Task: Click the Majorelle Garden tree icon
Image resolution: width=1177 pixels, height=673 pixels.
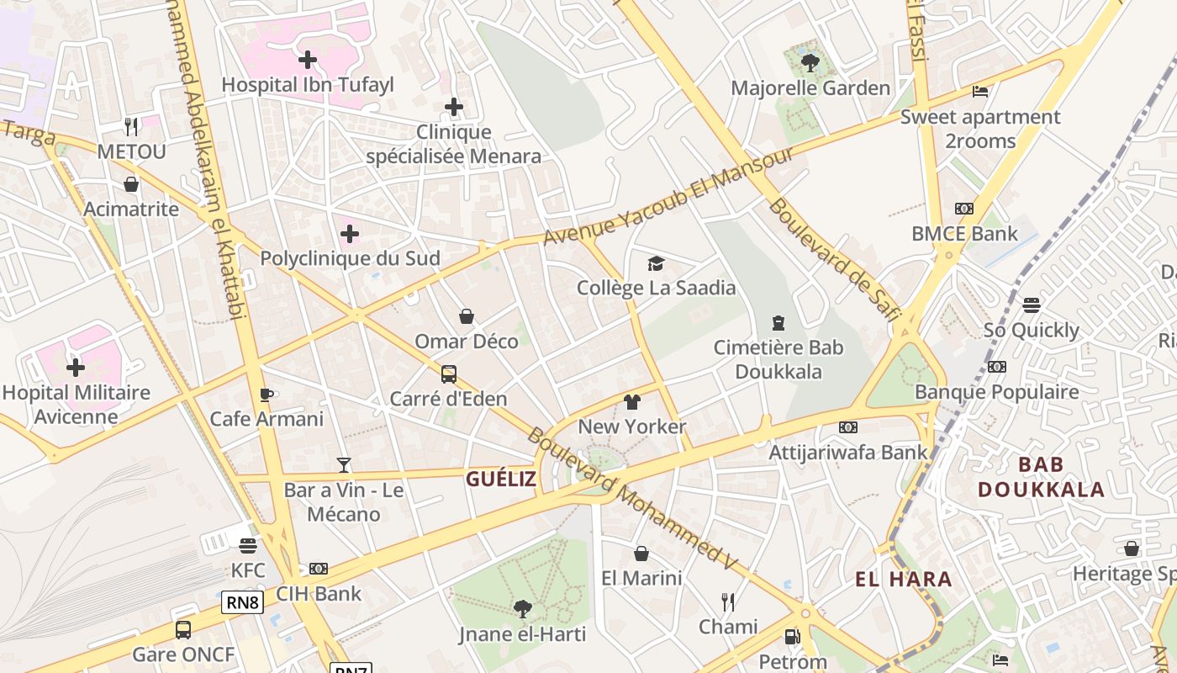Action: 810,62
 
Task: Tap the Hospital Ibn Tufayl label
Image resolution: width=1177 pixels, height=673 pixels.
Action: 307,85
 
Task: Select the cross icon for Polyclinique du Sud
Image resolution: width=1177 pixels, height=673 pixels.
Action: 350,233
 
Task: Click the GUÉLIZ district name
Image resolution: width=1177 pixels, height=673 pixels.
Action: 501,479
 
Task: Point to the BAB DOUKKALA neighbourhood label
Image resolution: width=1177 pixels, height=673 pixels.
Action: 1041,477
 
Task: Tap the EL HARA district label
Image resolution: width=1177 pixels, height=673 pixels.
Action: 904,579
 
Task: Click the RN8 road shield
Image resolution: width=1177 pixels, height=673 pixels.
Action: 243,602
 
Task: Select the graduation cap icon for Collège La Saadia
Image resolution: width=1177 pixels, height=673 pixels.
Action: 656,263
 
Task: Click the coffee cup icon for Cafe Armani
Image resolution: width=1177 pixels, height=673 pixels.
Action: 267,394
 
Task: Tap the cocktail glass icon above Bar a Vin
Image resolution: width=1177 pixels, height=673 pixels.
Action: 343,464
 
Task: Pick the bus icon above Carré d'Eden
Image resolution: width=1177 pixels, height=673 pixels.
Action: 449,374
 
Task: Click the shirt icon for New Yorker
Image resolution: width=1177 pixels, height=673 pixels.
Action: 632,402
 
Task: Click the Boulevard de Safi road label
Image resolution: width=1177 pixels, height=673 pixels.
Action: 833,260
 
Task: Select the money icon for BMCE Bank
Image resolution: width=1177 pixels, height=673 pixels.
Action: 964,209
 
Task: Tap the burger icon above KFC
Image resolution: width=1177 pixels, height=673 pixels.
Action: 248,546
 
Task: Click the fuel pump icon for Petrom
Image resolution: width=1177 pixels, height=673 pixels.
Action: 792,637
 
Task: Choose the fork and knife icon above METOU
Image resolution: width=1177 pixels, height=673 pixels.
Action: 131,127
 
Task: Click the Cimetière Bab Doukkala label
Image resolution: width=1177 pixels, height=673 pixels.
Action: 779,359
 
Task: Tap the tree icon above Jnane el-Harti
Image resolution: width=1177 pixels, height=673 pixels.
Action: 522,608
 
